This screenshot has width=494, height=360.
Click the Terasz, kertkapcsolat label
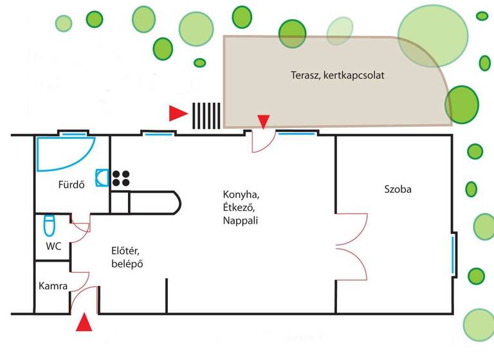(x=329, y=75)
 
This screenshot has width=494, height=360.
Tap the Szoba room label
(x=398, y=190)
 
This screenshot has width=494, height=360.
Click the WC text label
(x=53, y=246)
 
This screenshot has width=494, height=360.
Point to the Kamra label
(x=53, y=286)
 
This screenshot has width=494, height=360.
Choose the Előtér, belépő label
(x=126, y=256)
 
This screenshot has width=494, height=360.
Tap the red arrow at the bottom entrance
(x=84, y=323)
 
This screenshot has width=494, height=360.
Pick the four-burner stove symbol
(x=120, y=178)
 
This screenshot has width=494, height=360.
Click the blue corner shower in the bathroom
(x=61, y=152)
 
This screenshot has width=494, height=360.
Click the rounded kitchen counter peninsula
(x=154, y=202)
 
